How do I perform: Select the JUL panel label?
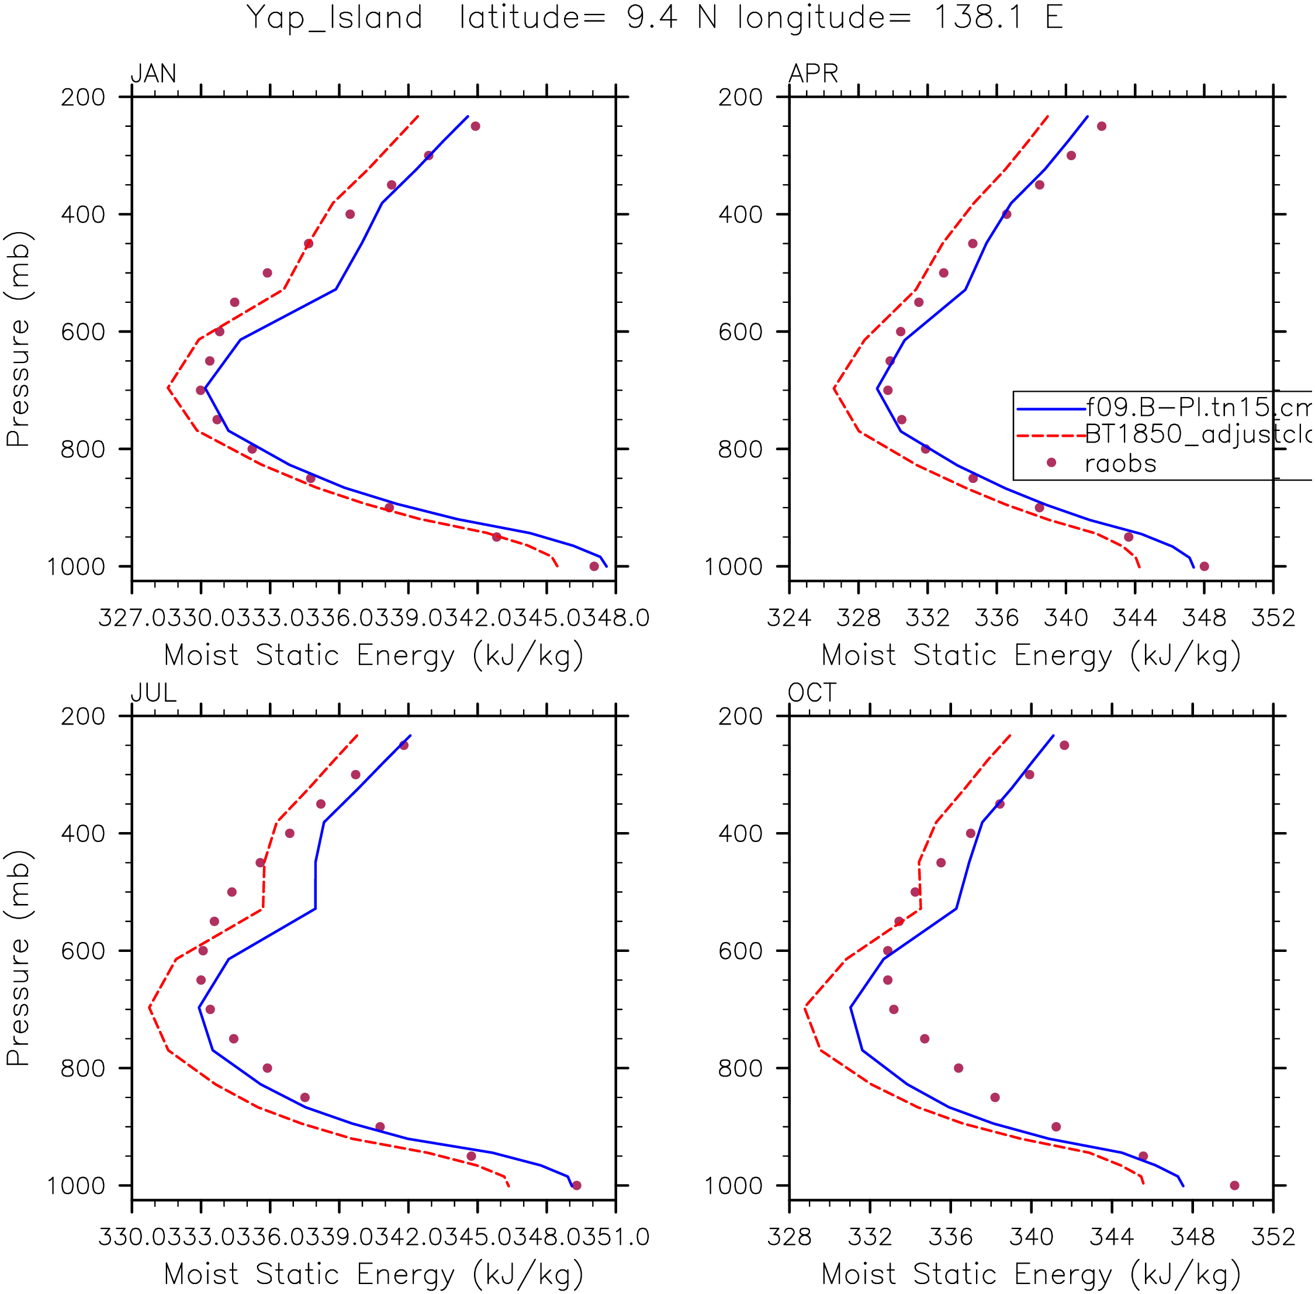click(x=154, y=692)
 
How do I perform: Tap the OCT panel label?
click(x=812, y=692)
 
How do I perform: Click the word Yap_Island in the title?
click(x=334, y=18)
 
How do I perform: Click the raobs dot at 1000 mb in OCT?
click(x=1235, y=1185)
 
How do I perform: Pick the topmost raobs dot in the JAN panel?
click(x=476, y=126)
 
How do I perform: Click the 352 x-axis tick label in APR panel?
click(x=1274, y=618)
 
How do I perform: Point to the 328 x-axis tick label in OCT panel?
click(x=789, y=1237)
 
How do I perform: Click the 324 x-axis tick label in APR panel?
click(x=789, y=618)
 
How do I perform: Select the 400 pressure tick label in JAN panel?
click(x=83, y=215)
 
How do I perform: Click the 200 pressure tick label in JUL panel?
click(x=83, y=716)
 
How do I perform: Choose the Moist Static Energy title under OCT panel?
click(x=1031, y=1274)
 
